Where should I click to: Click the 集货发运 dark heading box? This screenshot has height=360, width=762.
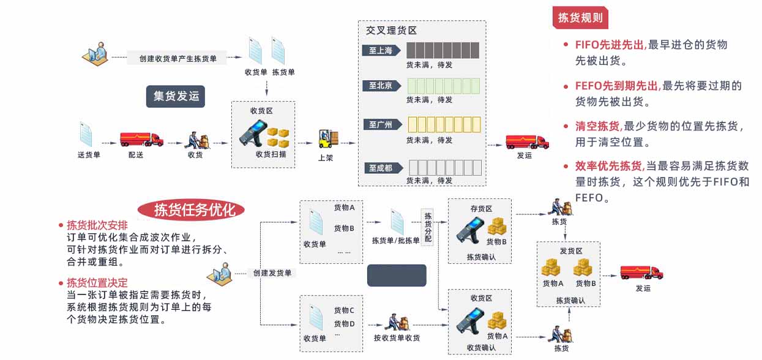click(176, 96)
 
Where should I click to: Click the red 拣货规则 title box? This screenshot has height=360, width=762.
click(580, 18)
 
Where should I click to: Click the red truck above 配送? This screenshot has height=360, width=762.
click(141, 139)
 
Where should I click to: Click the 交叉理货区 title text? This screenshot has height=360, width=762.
click(392, 30)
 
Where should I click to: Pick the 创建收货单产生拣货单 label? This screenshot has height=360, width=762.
click(178, 58)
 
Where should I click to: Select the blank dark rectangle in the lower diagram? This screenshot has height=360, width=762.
click(397, 276)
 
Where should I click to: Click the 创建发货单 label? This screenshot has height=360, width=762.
click(272, 273)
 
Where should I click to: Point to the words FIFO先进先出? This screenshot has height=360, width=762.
click(610, 45)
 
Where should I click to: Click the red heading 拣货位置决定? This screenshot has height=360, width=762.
click(97, 282)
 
